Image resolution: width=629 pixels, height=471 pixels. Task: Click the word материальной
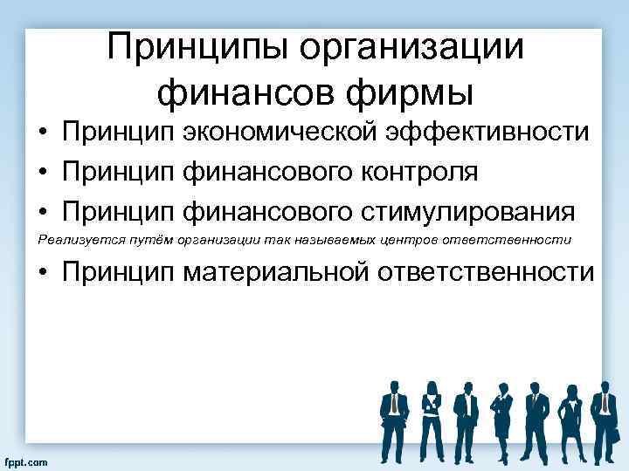click(x=276, y=273)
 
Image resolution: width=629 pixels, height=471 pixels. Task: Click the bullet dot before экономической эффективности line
click(x=43, y=133)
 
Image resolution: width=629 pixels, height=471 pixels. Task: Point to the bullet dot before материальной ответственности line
click(x=43, y=273)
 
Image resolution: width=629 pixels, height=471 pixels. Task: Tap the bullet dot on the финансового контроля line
click(x=43, y=173)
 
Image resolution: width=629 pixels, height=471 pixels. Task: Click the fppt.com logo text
click(x=26, y=461)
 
